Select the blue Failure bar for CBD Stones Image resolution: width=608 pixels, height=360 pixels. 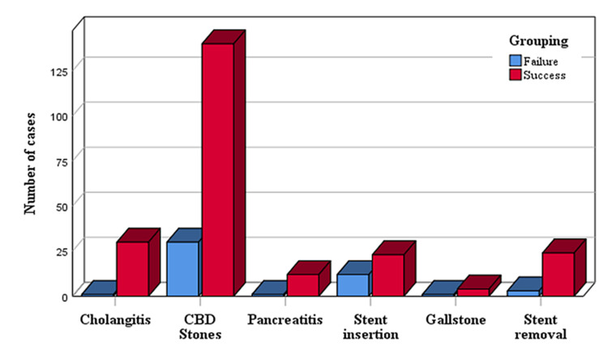coord(182,268)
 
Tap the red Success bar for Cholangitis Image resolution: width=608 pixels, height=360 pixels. coord(132,268)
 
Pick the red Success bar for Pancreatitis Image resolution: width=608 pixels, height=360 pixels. coord(302,285)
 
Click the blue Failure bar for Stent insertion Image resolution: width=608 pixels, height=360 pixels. coord(353,285)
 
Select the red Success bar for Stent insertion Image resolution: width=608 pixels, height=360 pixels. coord(387,275)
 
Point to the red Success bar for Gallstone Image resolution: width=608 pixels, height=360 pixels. coord(473,292)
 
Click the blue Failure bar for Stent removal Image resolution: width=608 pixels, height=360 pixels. coord(523,293)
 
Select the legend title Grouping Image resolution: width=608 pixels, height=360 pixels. coord(537,40)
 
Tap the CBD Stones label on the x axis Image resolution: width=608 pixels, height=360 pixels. coord(200,327)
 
